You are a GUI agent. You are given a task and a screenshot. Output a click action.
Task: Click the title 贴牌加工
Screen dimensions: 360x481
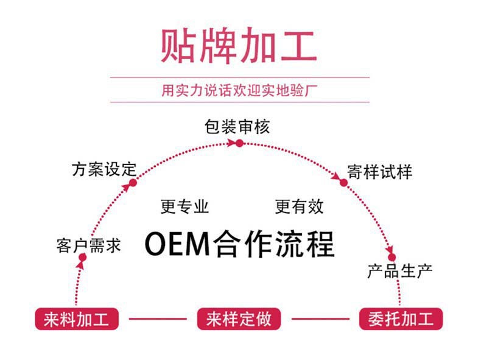[x=239, y=46]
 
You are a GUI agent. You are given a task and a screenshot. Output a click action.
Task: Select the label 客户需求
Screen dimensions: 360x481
[x=88, y=245]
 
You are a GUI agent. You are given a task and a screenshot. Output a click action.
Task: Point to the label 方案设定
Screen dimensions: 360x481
[x=104, y=169]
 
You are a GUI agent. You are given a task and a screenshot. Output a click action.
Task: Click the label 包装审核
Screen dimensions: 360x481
[x=237, y=126]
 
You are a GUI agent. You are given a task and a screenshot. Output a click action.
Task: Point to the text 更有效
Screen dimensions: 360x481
[x=299, y=206]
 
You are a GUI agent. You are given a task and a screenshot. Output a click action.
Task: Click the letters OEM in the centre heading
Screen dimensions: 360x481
[x=177, y=244]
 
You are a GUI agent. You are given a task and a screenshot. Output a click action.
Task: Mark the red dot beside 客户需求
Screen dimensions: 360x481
[x=82, y=258]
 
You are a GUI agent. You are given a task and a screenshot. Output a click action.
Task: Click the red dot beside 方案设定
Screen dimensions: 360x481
[x=133, y=182]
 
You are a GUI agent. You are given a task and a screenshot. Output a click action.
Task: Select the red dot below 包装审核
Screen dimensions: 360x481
[x=240, y=143]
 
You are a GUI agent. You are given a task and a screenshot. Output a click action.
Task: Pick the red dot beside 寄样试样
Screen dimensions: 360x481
[x=343, y=182]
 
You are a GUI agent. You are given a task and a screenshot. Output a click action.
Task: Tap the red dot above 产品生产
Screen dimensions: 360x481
[x=391, y=257]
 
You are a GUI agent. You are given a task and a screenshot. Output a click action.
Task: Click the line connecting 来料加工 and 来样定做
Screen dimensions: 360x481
[x=158, y=319]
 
